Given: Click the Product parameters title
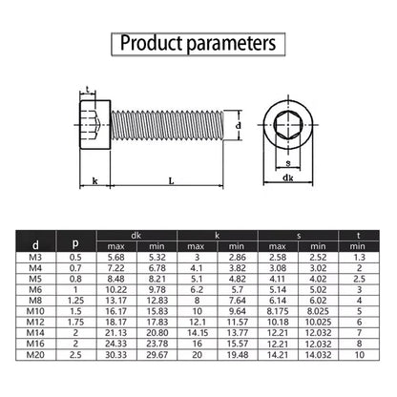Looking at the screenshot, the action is pos(198,43).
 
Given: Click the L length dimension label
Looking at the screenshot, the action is pos(171,181).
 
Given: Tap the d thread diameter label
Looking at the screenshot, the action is pos(239,126).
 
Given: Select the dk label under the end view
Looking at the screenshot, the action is pos(288,178).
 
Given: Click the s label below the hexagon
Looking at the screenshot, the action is pos(288,163).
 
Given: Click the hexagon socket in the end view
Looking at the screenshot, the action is pos(288,125).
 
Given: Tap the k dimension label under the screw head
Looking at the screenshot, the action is pos(94,181).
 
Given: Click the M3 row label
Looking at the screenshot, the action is pos(35,258).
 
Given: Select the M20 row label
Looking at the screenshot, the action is pos(35,355).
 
